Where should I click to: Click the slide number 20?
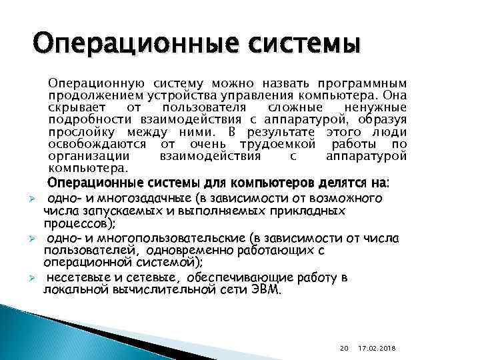point(343,347)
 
